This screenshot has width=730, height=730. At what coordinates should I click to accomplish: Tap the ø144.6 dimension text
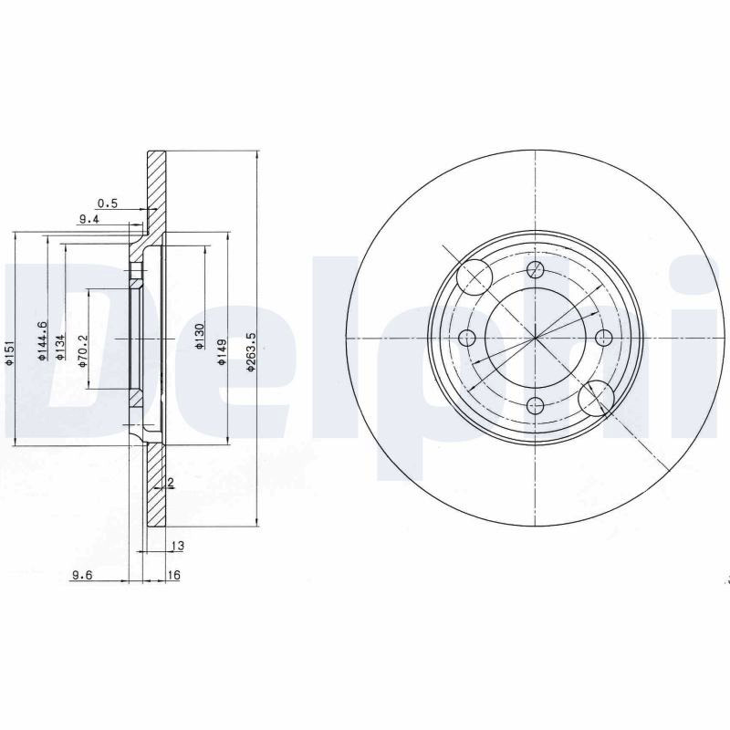[41, 340]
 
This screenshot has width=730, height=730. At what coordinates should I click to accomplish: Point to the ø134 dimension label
[59, 348]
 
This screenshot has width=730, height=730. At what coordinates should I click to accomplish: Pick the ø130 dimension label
[199, 336]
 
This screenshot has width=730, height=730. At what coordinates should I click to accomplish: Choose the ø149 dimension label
[222, 352]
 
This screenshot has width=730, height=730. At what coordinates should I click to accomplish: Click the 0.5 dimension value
[108, 203]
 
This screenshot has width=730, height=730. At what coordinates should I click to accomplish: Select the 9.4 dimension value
[89, 219]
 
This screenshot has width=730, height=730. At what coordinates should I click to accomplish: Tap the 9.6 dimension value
[82, 576]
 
